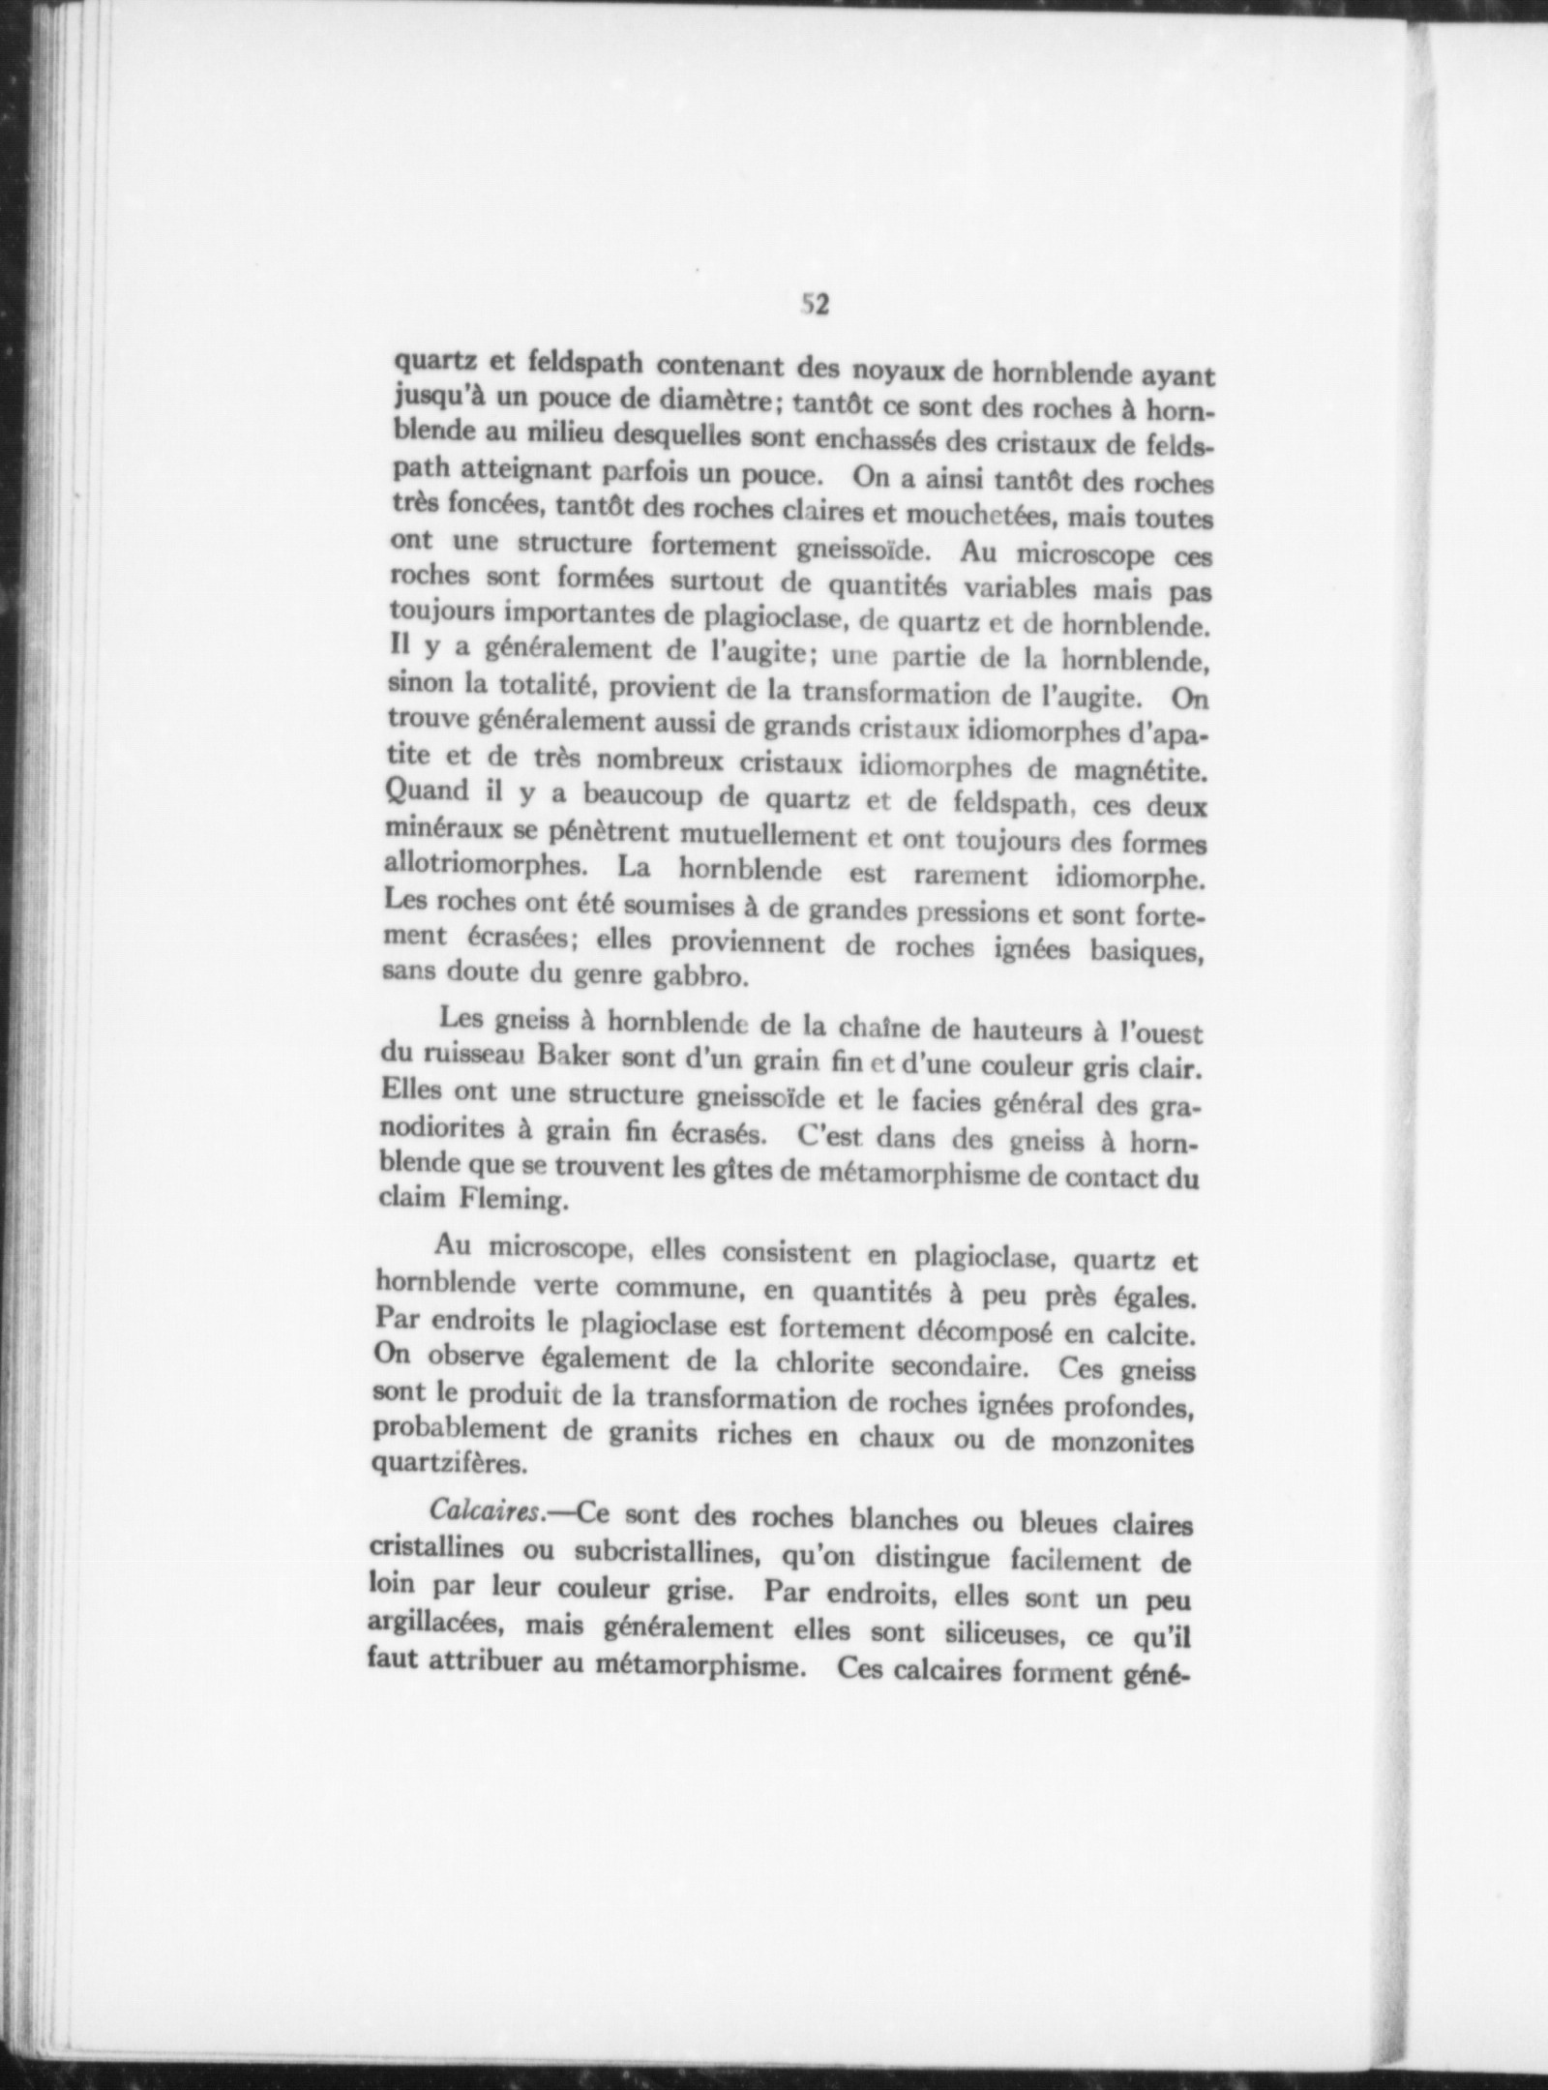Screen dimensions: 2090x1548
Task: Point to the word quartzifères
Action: click(449, 1464)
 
